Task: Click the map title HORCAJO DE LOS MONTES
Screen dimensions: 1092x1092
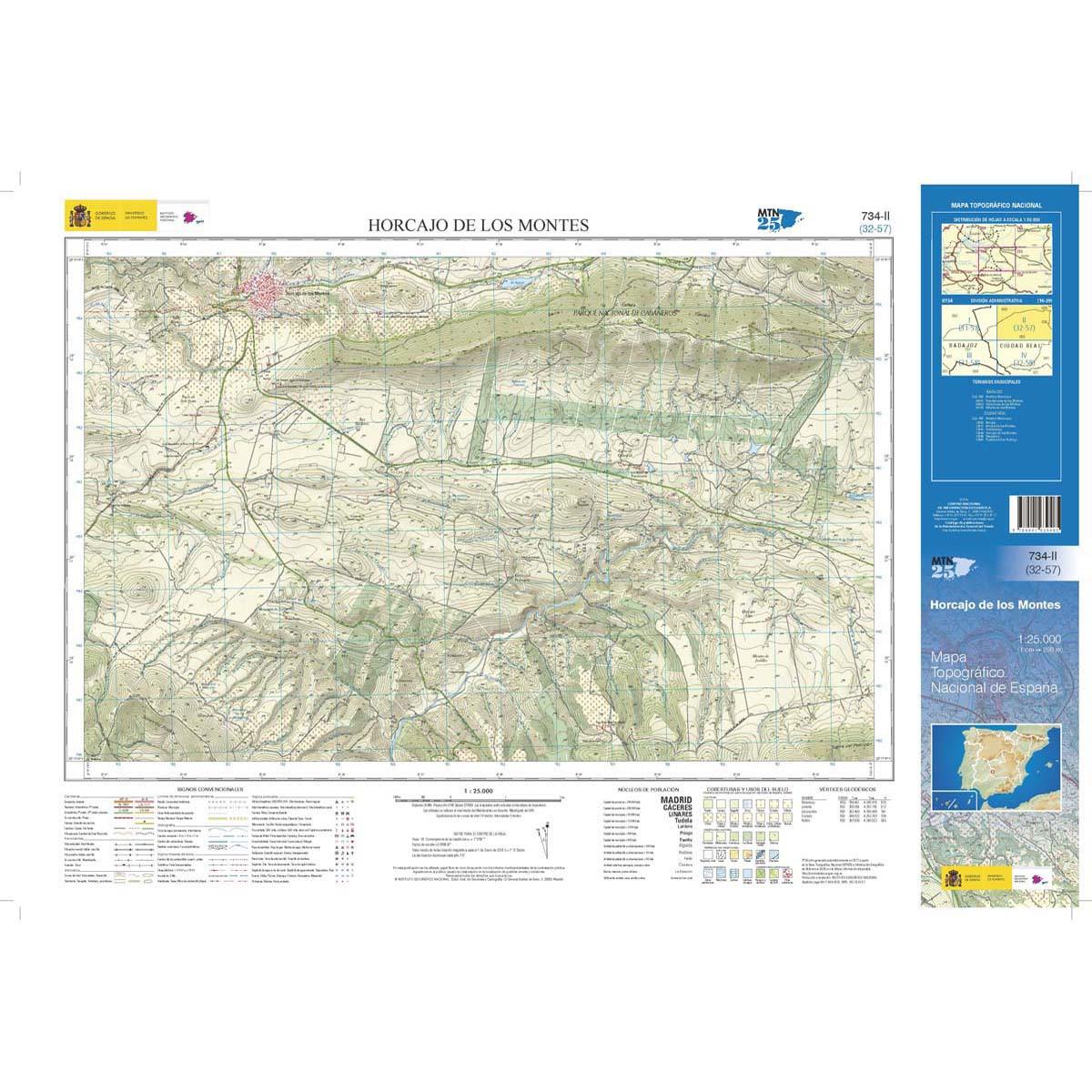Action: pyautogui.click(x=478, y=225)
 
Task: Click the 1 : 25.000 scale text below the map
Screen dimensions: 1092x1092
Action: pyautogui.click(x=477, y=791)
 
